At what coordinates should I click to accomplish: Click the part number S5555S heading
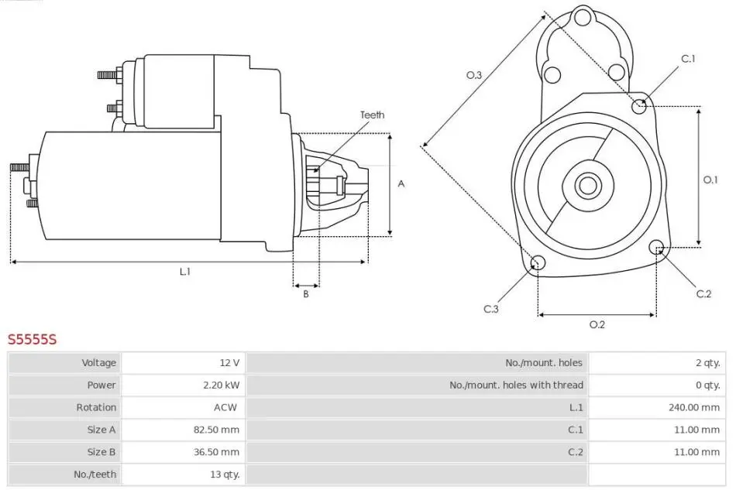click(x=33, y=339)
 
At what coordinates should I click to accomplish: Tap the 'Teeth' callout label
click(x=372, y=115)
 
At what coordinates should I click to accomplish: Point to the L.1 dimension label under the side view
click(x=185, y=272)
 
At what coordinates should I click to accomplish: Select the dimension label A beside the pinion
click(x=401, y=183)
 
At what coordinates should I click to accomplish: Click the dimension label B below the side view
click(x=306, y=294)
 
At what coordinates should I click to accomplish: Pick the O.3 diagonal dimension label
click(x=474, y=75)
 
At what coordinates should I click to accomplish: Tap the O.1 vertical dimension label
click(x=710, y=180)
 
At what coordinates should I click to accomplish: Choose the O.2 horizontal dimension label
click(x=597, y=324)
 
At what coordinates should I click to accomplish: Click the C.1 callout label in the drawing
click(x=689, y=59)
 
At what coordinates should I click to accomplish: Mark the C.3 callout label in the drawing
click(x=491, y=309)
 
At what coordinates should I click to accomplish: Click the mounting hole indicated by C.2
click(x=656, y=248)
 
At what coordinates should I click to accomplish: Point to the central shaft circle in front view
click(x=588, y=186)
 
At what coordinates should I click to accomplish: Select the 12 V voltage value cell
click(x=229, y=362)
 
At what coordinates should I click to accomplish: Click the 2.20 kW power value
click(x=222, y=385)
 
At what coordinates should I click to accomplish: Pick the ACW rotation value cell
click(x=225, y=407)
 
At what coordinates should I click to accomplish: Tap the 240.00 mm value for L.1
click(x=694, y=407)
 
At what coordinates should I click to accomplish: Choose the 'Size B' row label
click(x=101, y=451)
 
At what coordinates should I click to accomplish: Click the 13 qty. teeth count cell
click(x=225, y=474)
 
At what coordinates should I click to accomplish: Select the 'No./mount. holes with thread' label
click(x=516, y=385)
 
